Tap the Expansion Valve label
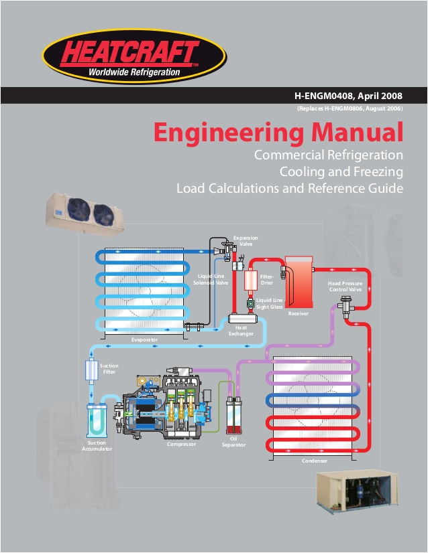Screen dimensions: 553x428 pos(246,241)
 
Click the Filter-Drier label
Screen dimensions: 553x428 pos(267,280)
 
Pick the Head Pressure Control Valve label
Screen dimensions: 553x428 pos(345,287)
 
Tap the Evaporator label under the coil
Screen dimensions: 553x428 pos(144,340)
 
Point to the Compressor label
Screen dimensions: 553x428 pos(181,444)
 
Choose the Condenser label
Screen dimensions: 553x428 pos(315,461)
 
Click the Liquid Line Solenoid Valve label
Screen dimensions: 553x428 pos(211,280)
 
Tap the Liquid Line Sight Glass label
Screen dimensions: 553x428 pos(270,303)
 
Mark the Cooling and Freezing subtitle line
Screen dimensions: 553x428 pos(341,171)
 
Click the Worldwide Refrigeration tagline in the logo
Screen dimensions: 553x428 pos(134,72)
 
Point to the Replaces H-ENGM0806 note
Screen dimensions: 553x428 pos(349,108)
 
